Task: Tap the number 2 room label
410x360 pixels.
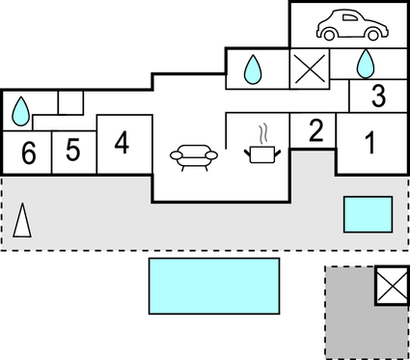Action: [x=315, y=132]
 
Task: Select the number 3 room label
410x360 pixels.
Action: [x=377, y=97]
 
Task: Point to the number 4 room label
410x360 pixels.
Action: [x=122, y=143]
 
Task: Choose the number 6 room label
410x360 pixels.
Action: [x=28, y=152]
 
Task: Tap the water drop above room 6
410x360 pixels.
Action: [x=20, y=112]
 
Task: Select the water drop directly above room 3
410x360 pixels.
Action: [x=366, y=64]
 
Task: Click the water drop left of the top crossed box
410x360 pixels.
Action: [x=253, y=69]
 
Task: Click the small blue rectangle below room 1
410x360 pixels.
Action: [x=368, y=213]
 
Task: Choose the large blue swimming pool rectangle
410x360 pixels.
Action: [x=213, y=286]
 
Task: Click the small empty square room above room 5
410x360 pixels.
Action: [x=70, y=101]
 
